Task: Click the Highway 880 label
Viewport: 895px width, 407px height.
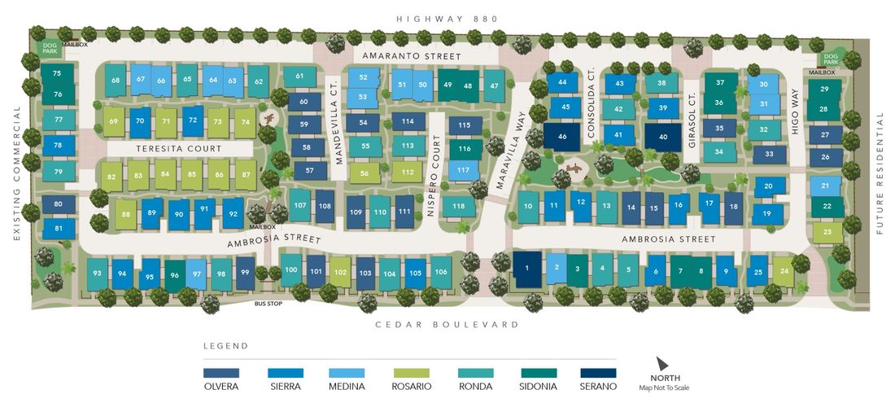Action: [x=446, y=19]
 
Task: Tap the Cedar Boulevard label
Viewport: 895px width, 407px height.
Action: [x=447, y=324]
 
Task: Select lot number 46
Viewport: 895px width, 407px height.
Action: [x=562, y=137]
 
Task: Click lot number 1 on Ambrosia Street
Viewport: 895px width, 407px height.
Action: [x=527, y=268]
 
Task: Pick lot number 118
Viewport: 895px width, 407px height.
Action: [x=459, y=207]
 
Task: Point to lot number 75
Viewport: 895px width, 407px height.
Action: [x=57, y=73]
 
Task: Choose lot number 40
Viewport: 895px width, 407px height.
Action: [x=663, y=137]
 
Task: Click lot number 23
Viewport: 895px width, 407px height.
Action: [x=827, y=232]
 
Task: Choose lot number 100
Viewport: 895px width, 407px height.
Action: [x=291, y=269]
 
